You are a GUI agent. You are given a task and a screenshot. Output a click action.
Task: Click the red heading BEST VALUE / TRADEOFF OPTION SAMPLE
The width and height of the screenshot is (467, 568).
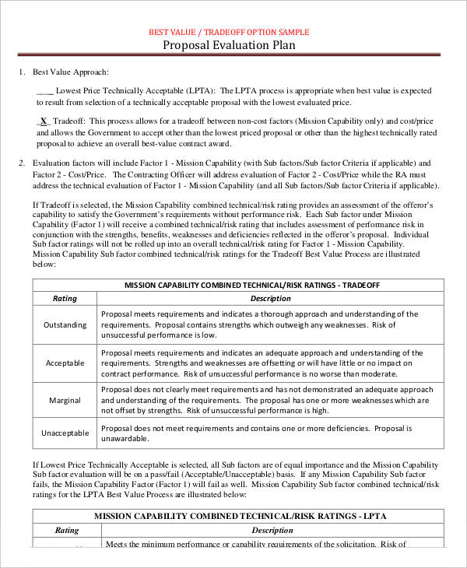click(229, 32)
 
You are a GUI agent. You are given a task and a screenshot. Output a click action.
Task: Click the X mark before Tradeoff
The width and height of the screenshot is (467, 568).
click(44, 121)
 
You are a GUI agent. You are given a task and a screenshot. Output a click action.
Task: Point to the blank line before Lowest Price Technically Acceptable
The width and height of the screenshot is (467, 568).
click(44, 90)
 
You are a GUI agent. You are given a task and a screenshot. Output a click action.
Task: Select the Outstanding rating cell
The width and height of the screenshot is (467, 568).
click(65, 324)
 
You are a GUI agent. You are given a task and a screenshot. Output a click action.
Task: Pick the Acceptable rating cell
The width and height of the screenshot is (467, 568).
click(65, 363)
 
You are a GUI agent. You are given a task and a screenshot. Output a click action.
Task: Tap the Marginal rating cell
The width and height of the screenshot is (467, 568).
click(65, 400)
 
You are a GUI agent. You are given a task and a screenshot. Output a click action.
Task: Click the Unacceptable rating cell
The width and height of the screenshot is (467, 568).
click(65, 433)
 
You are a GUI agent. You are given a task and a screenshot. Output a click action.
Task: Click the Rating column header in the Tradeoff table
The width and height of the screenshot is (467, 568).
click(65, 298)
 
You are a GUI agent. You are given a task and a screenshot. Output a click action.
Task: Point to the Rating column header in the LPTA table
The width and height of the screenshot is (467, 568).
click(66, 530)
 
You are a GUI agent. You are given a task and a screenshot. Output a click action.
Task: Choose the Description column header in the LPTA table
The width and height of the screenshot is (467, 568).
click(272, 530)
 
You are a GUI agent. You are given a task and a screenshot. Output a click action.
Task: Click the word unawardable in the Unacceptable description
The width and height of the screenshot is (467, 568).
click(126, 439)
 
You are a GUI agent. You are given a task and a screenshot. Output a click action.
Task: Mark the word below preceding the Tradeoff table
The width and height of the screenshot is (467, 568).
click(43, 265)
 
